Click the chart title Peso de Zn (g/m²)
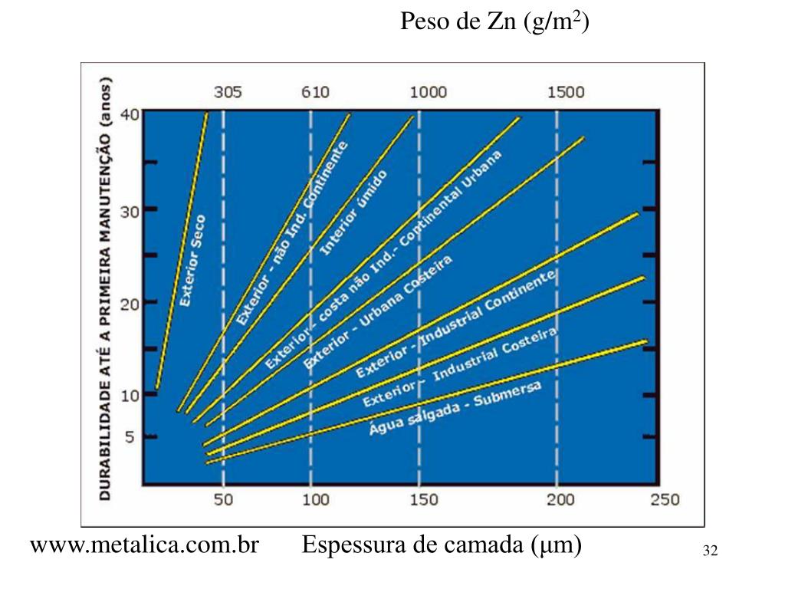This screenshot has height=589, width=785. point(494,23)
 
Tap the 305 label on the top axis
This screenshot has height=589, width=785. point(228,93)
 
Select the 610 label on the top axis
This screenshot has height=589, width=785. point(314,93)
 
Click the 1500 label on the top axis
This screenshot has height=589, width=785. point(566,93)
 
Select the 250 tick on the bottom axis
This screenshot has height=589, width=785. point(665,500)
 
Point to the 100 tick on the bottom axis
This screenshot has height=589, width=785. point(316,500)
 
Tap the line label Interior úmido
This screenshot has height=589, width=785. point(353,212)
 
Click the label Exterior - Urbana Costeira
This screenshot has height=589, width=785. point(378,311)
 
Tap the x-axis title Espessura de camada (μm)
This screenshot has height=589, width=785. point(442,546)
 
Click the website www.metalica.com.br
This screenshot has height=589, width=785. point(144,546)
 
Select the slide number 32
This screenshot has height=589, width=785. point(709,551)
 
